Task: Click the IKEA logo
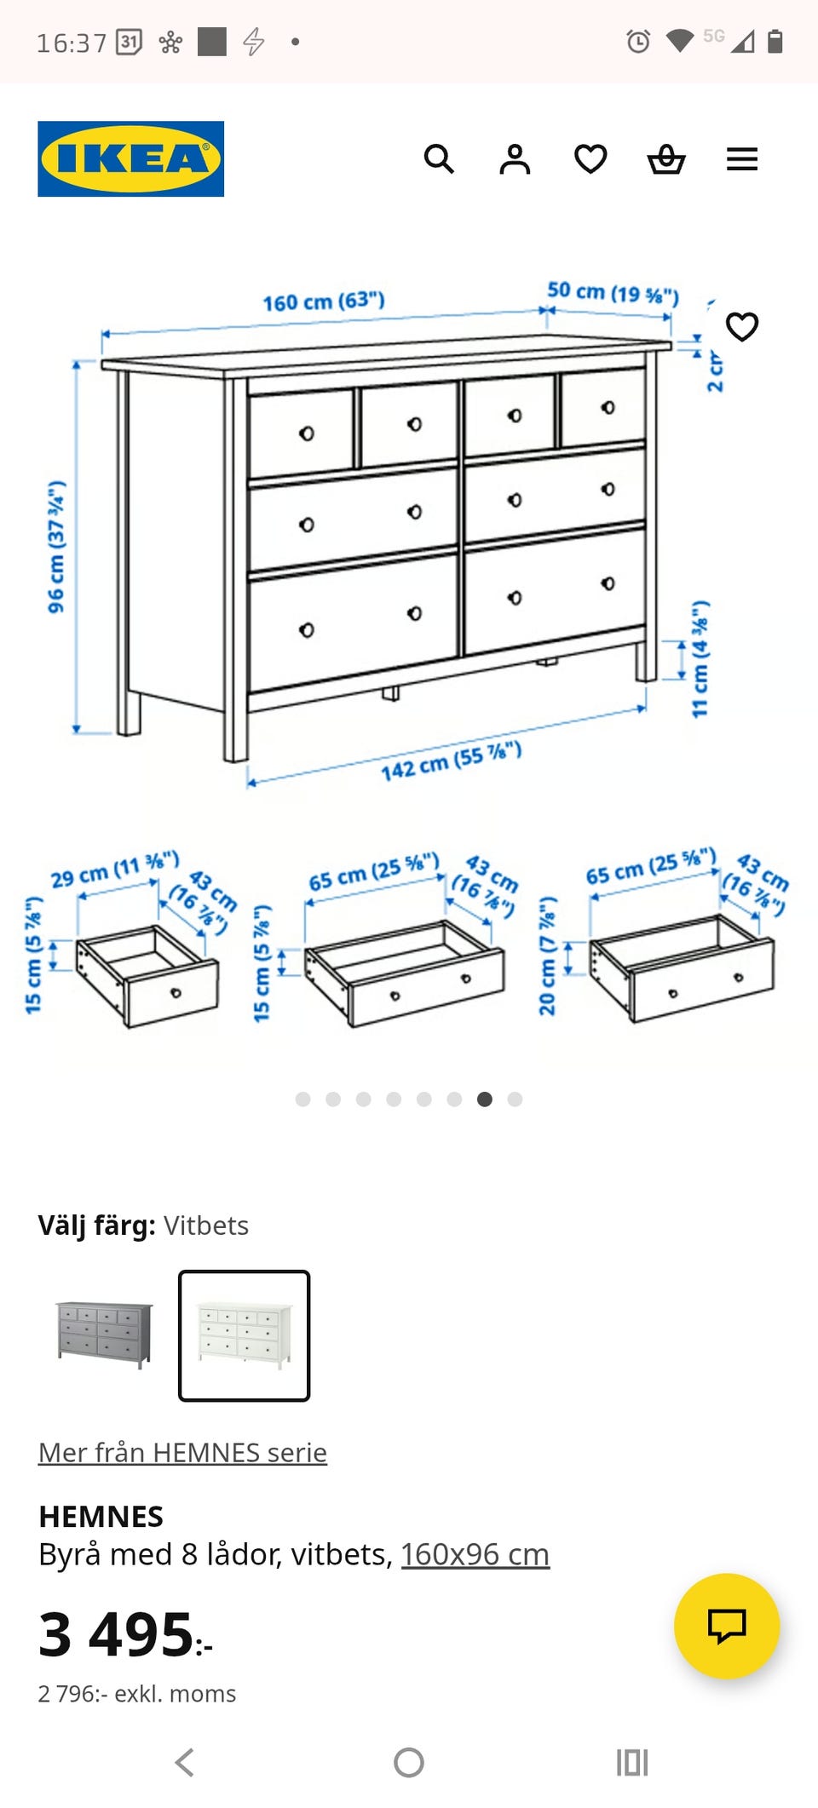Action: coord(130,158)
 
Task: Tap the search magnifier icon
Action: coord(439,158)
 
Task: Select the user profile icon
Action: coord(515,159)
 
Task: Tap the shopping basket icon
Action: coord(666,159)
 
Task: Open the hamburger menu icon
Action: coord(742,159)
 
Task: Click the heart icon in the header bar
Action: coord(590,159)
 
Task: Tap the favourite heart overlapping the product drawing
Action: coord(742,326)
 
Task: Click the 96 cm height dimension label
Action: coord(56,546)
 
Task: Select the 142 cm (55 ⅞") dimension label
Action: coord(451,761)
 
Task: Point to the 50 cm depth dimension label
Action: coord(613,292)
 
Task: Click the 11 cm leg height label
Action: coord(700,658)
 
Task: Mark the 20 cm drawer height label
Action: coord(547,956)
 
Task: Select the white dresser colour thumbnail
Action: coord(244,1335)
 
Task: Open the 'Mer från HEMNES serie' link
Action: coord(182,1452)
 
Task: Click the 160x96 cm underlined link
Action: coord(475,1554)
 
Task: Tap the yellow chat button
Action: coord(727,1626)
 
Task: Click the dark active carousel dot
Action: coord(485,1099)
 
